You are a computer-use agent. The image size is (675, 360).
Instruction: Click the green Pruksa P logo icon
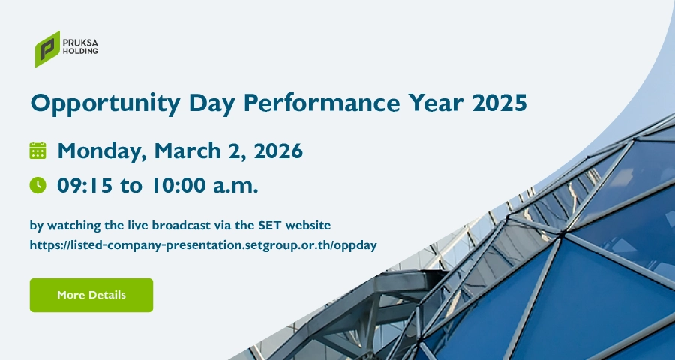47,49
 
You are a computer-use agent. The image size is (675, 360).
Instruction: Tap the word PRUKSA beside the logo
80,43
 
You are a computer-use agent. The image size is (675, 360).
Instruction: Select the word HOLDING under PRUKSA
80,51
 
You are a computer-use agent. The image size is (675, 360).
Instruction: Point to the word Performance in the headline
322,103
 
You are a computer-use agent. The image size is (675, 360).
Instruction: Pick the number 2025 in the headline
499,103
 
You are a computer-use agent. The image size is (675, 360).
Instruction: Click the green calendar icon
38,151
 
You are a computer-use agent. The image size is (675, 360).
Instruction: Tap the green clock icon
38,185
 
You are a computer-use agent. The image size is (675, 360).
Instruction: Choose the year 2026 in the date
278,151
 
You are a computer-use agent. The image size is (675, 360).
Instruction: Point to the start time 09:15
85,185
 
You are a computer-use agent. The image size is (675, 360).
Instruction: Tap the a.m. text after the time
236,187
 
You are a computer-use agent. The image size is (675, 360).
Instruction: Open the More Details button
91,295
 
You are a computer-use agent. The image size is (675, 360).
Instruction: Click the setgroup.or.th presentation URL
203,245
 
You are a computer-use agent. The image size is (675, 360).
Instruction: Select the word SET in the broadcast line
270,225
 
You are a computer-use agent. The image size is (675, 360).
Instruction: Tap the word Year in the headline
436,103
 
